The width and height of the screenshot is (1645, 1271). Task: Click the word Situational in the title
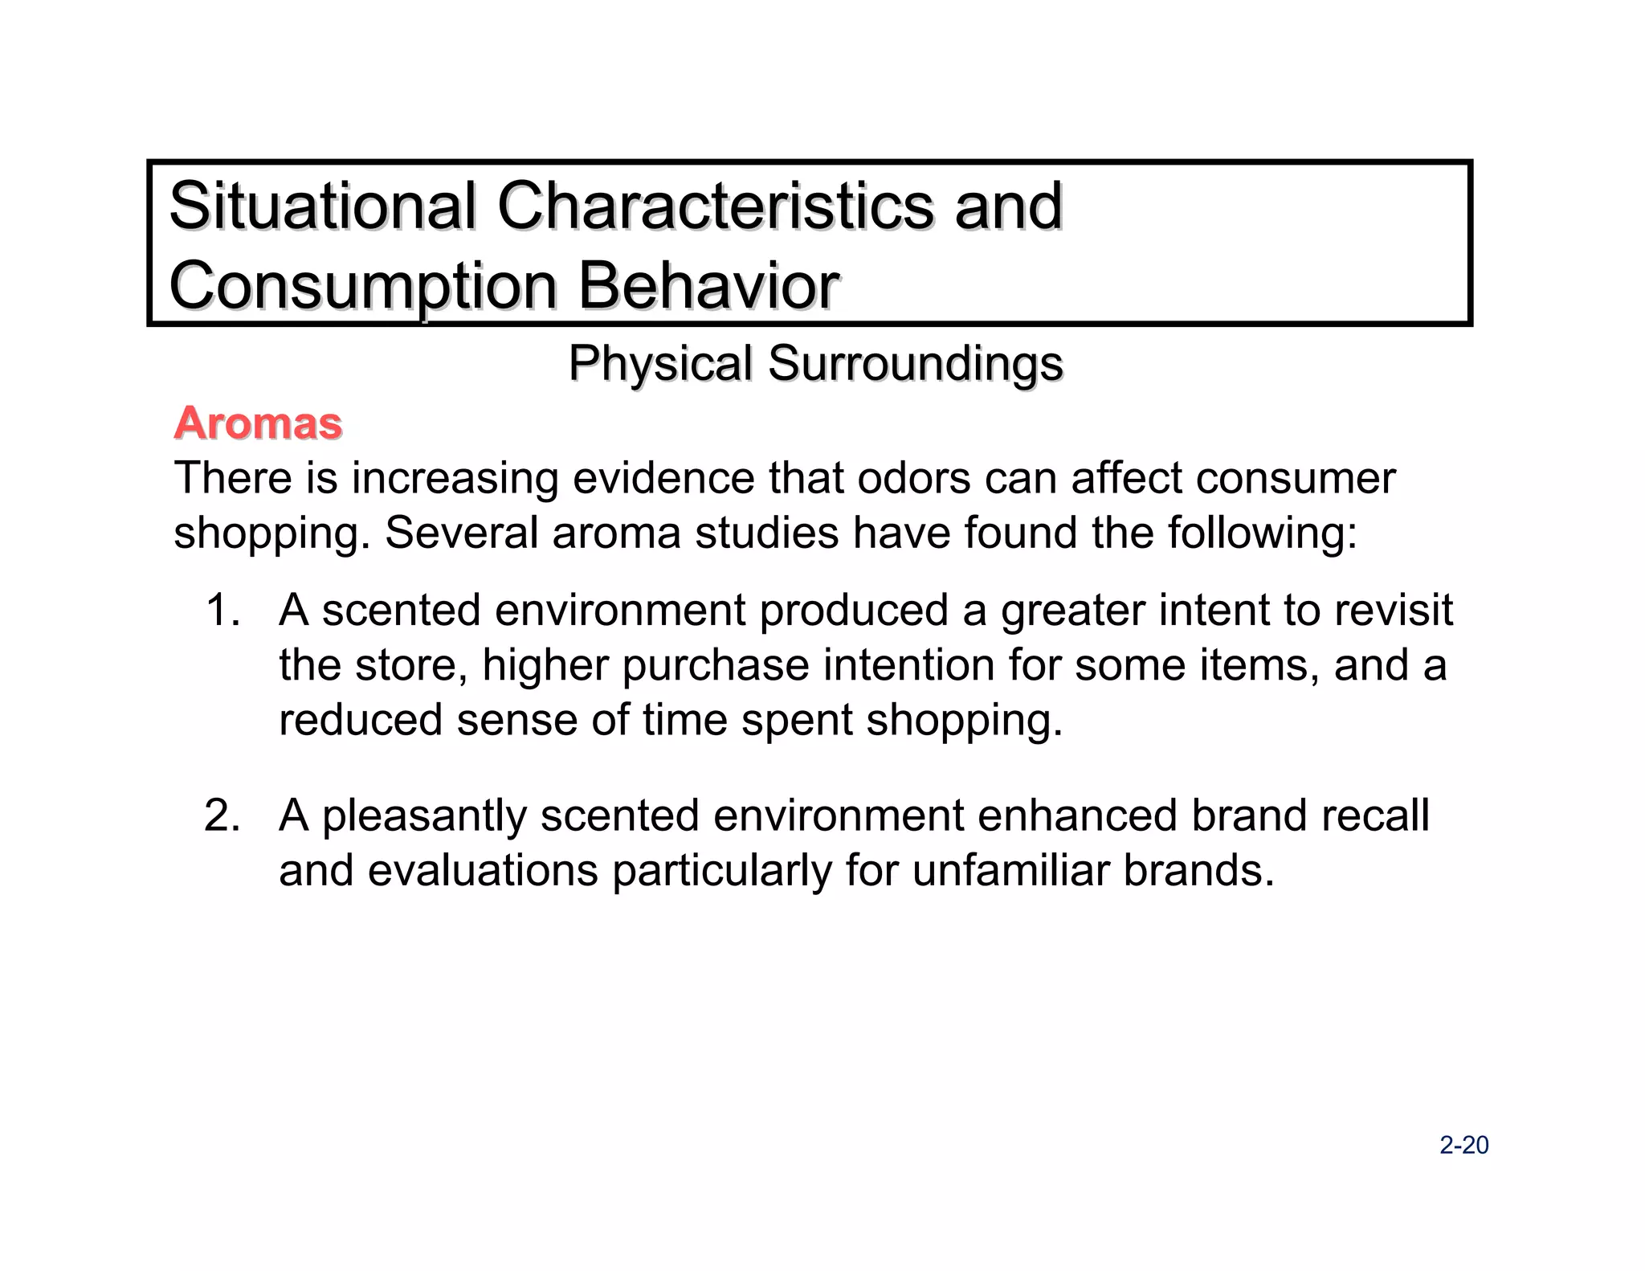coord(322,206)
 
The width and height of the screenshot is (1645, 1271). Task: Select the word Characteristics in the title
coord(715,206)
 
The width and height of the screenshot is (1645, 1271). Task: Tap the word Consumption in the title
coord(363,288)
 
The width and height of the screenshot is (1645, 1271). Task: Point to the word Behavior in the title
coord(709,286)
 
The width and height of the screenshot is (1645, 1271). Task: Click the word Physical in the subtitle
coord(660,363)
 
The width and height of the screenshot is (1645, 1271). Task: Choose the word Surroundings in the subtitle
coord(916,365)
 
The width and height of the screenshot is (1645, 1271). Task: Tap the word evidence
coord(663,478)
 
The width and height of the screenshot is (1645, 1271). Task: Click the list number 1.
coord(222,610)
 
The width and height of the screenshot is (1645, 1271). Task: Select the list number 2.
coord(222,815)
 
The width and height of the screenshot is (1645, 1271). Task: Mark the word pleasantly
coord(424,816)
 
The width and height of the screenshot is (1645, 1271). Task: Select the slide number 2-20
coord(1463,1145)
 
